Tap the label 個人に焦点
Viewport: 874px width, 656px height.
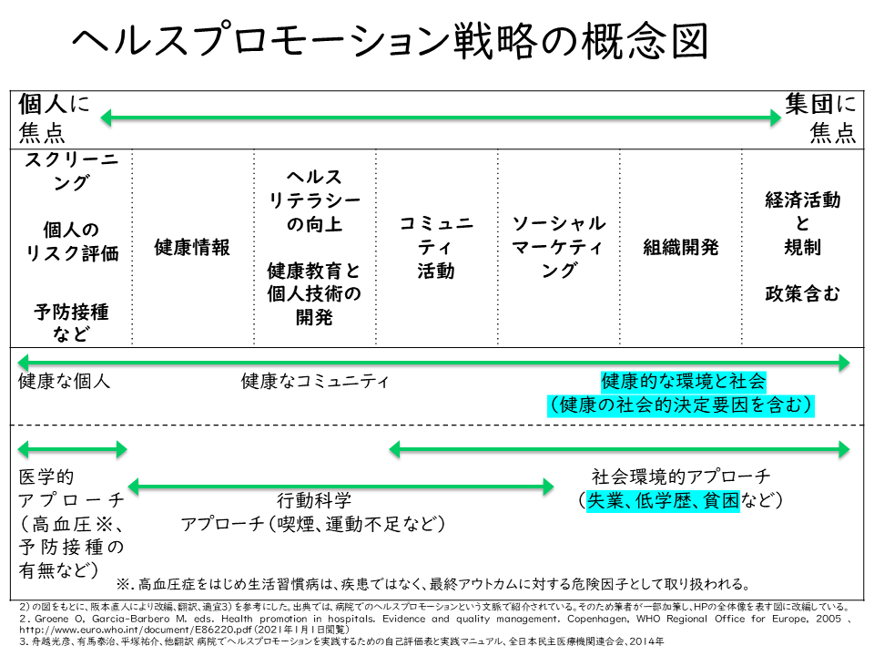(x=55, y=118)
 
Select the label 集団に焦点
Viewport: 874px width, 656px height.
(x=820, y=118)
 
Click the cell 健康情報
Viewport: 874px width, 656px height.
(x=192, y=247)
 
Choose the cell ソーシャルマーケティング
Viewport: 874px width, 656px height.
(x=558, y=247)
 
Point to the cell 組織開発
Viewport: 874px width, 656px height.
(x=680, y=247)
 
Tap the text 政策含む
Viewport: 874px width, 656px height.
(x=802, y=293)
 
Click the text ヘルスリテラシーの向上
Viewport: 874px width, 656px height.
(x=314, y=200)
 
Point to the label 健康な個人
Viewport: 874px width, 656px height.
(x=64, y=381)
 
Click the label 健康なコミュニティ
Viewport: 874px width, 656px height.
(x=314, y=381)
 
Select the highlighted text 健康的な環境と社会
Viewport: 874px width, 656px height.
(x=683, y=381)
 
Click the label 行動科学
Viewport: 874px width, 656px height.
(x=313, y=500)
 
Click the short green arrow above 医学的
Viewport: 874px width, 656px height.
(x=72, y=448)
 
